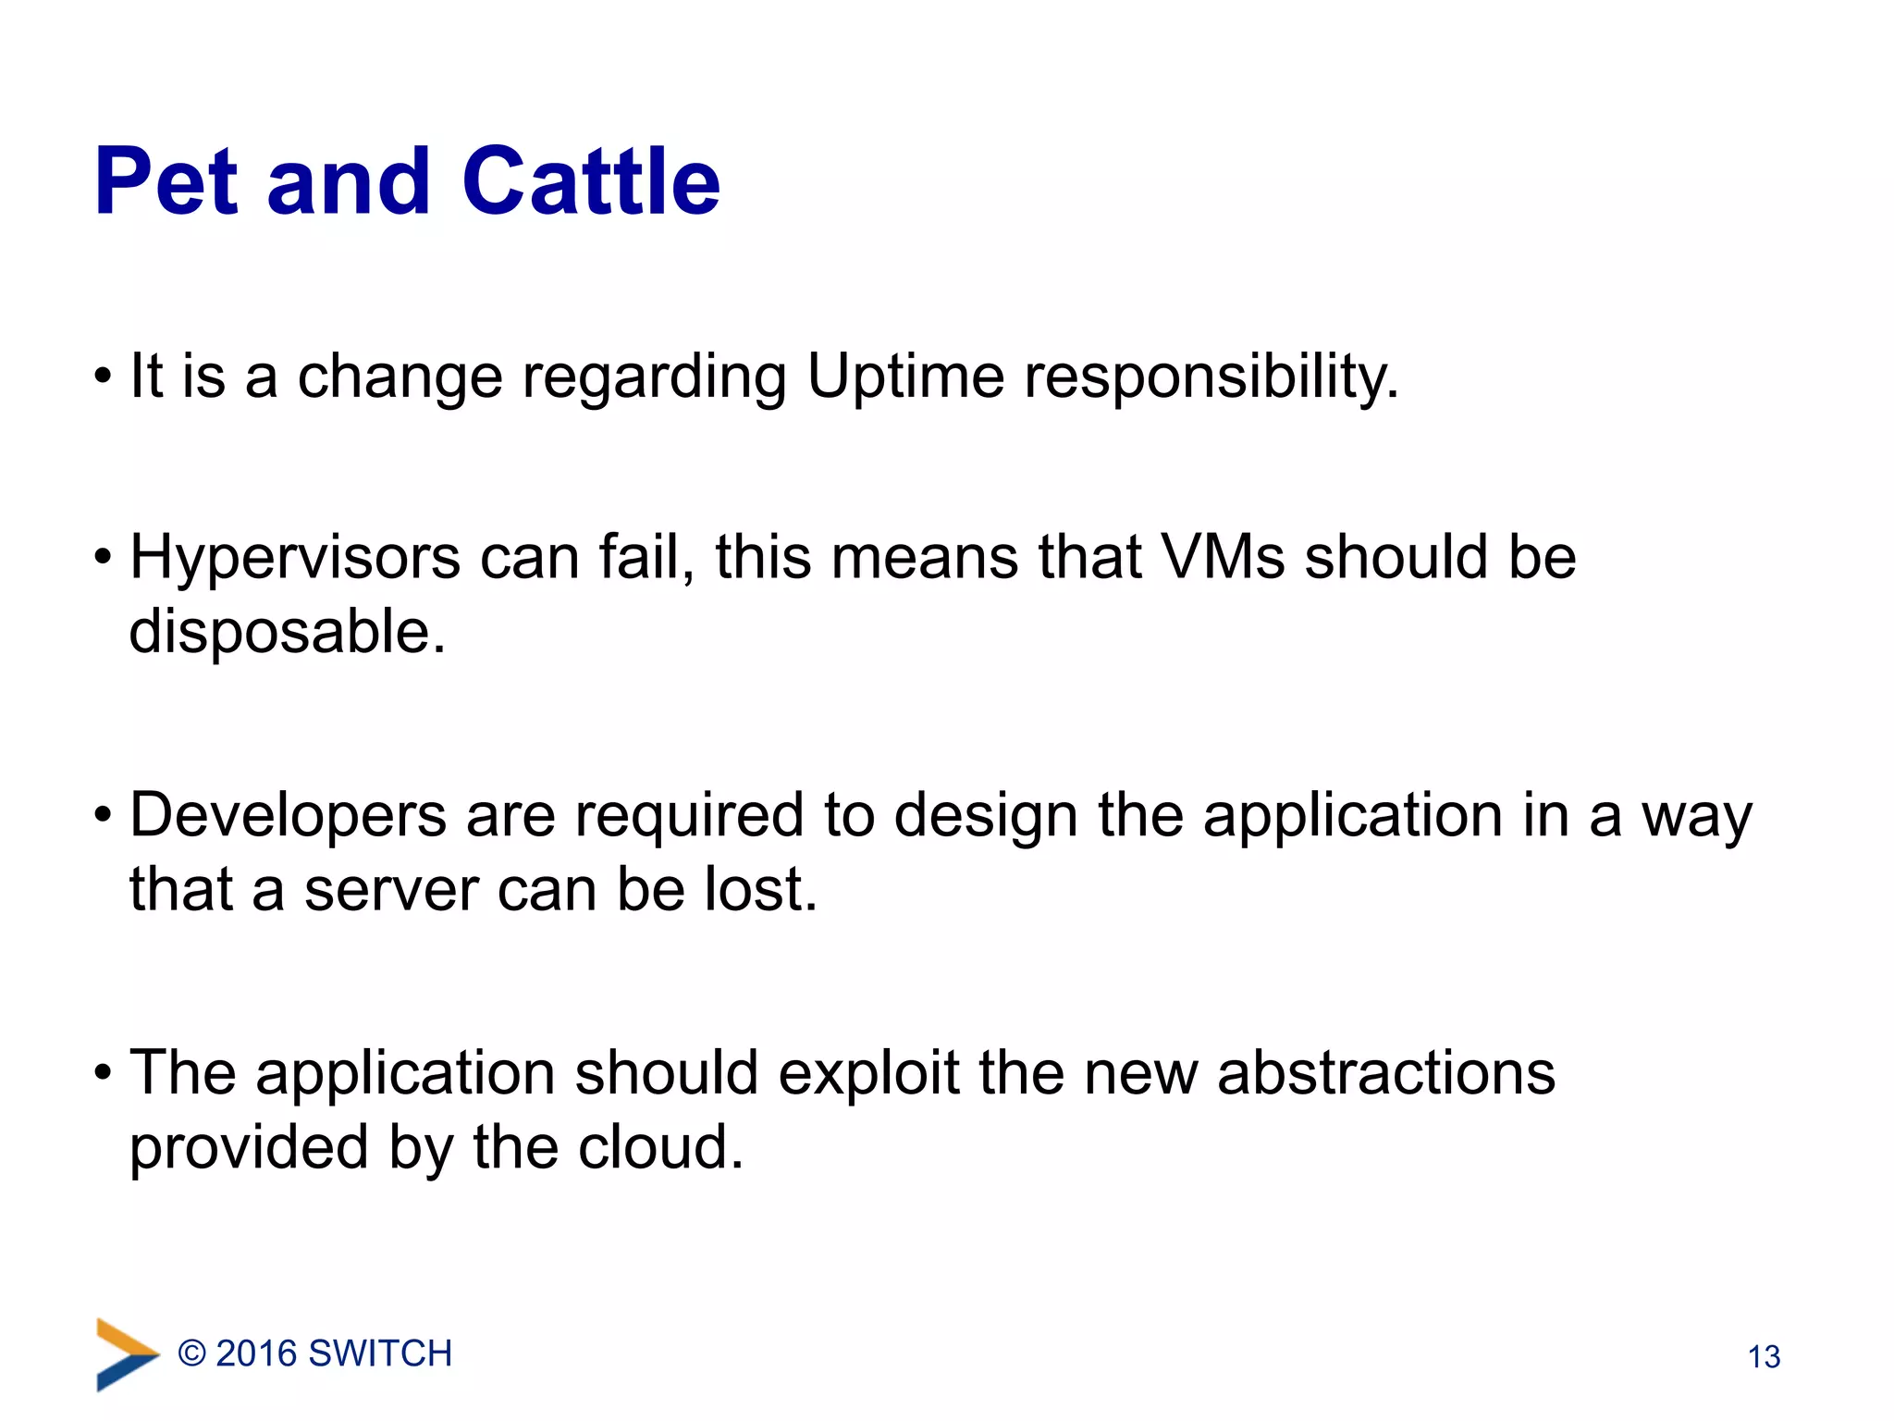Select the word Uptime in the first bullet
click(x=905, y=377)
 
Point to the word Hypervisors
click(x=295, y=559)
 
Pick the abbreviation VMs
click(x=1222, y=557)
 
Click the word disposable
click(x=288, y=632)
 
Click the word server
click(x=390, y=890)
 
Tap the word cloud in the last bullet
click(x=660, y=1148)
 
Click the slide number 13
click(x=1764, y=1356)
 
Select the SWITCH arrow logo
click(x=127, y=1354)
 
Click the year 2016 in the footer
click(x=255, y=1353)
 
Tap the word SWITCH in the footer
click(x=380, y=1353)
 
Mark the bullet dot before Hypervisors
click(x=103, y=559)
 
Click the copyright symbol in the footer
click(x=191, y=1353)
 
